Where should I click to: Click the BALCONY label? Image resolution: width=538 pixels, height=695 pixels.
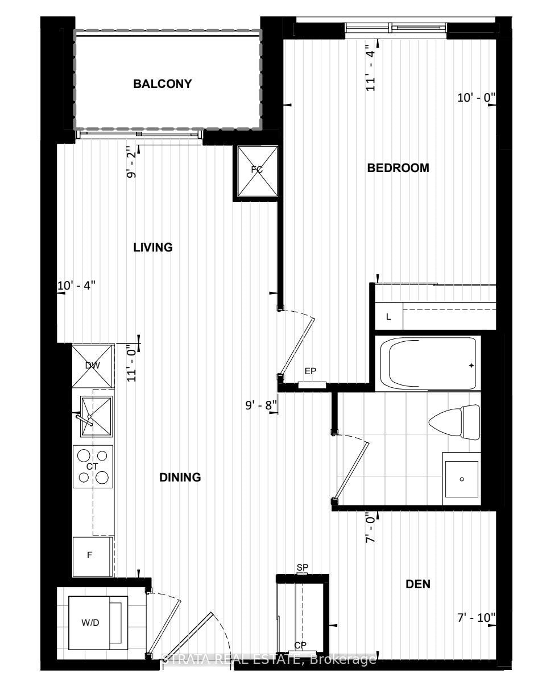coord(162,84)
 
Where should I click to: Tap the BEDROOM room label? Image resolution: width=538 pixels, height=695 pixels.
coord(398,168)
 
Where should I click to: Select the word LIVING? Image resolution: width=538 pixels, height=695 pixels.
coord(153,247)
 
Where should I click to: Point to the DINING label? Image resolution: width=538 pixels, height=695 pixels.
coord(180,477)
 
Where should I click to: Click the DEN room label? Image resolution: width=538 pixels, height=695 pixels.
coord(418,584)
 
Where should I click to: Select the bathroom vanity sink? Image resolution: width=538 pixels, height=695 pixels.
coord(461,479)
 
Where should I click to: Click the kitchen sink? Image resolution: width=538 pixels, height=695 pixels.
coord(96,416)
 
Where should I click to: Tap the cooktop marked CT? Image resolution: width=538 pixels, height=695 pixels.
coord(93,467)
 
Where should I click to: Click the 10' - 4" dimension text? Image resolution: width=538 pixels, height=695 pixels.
coord(77,286)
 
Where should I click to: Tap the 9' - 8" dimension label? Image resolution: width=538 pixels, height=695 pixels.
coord(261,405)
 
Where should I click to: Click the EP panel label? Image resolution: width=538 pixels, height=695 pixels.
coord(311,371)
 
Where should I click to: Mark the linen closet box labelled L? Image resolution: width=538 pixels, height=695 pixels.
coord(389,317)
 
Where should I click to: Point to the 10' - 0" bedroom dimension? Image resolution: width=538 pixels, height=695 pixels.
coord(476,98)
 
